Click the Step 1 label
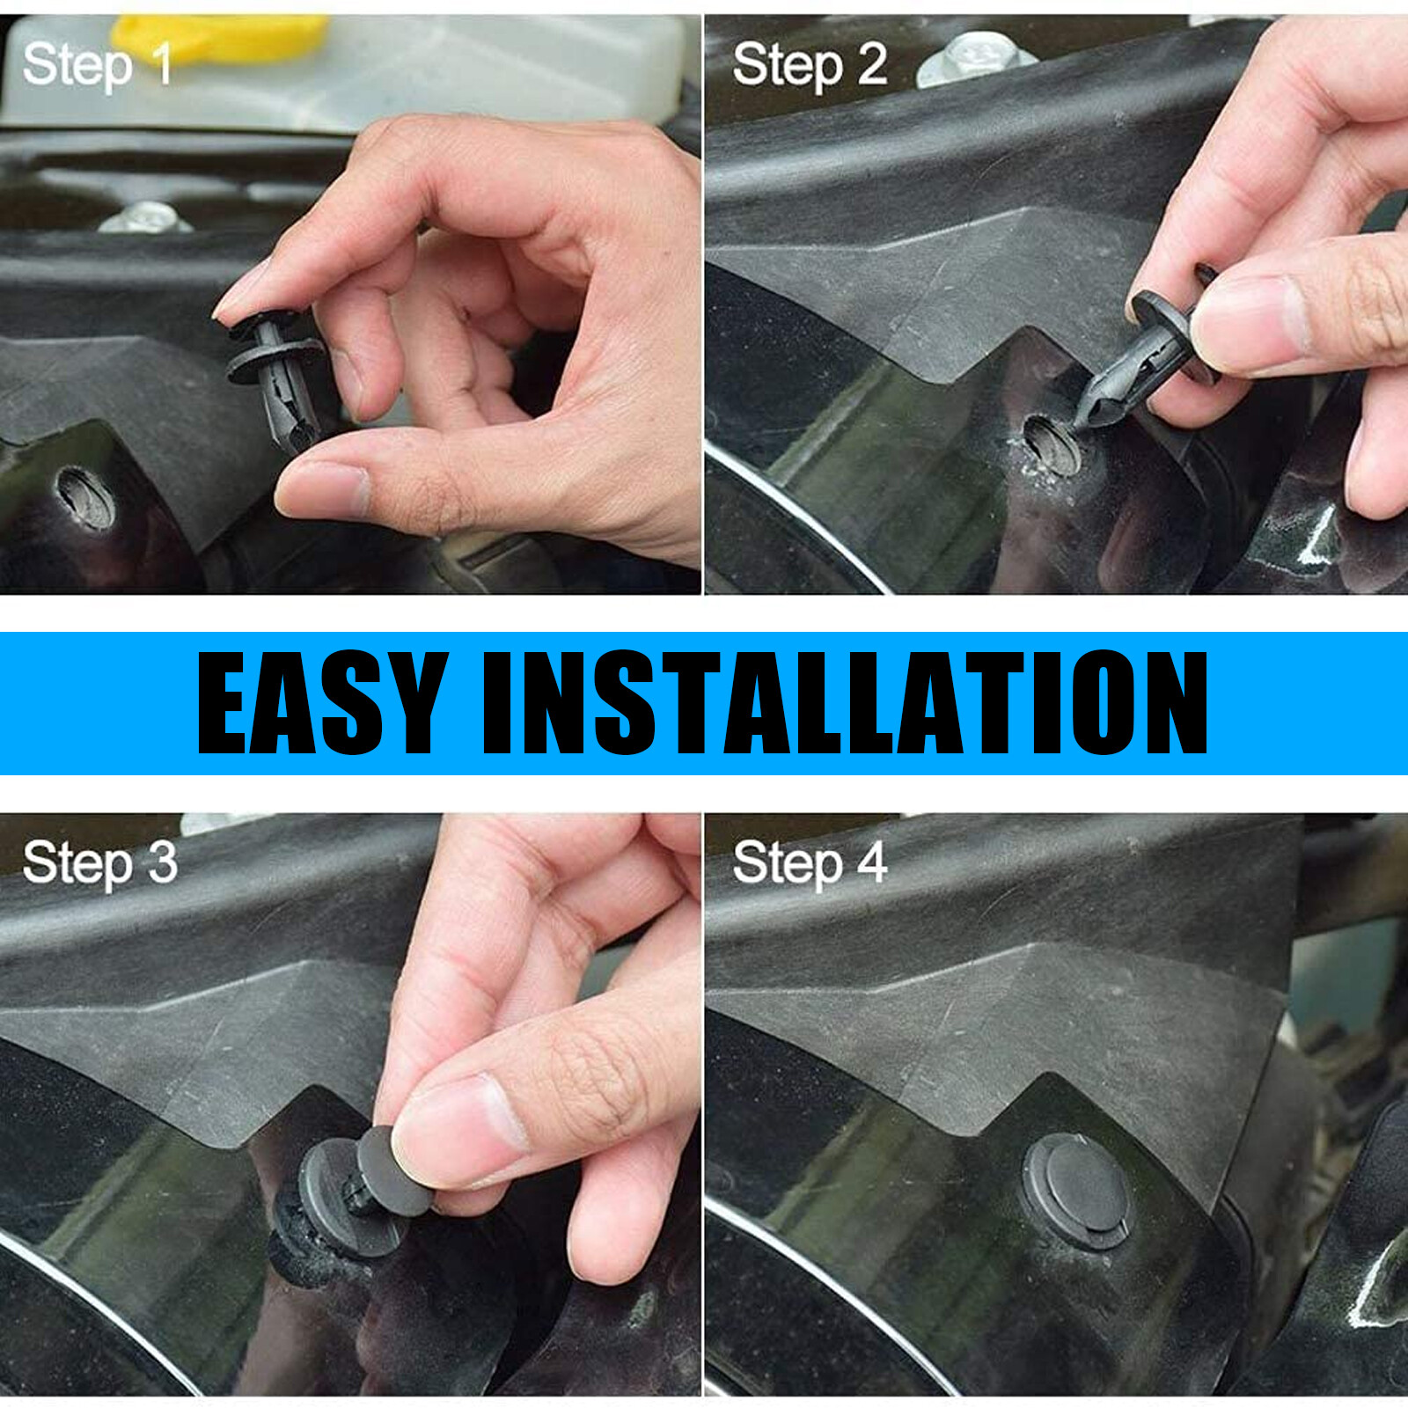(97, 65)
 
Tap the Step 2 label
(810, 65)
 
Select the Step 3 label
(99, 863)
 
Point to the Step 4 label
(810, 863)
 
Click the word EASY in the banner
(321, 704)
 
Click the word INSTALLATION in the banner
(845, 704)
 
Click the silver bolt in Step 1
(145, 217)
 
